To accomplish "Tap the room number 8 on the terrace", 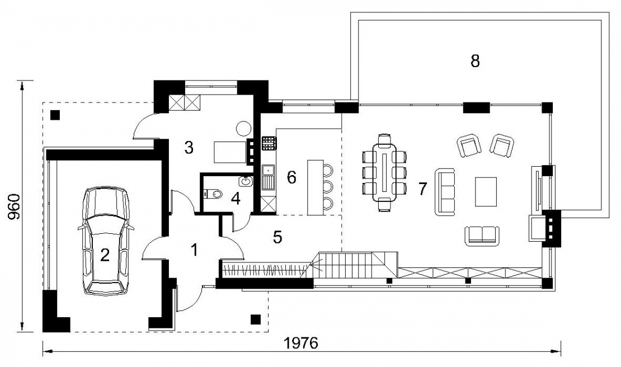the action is pos(475,62).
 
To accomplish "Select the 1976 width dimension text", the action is pos(302,344).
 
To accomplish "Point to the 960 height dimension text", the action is pos(14,206).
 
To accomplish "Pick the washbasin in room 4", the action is pos(246,181).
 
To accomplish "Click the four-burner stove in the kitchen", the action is pos(269,143).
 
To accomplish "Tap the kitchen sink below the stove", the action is pos(268,177).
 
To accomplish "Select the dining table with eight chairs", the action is pos(384,173).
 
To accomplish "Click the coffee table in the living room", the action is pos(486,192).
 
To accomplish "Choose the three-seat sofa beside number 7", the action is pos(445,192).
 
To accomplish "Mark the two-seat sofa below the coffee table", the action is pos(482,236).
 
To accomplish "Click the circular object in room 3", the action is pos(243,128).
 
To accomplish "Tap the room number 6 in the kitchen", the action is pos(291,178).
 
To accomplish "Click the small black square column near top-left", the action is pos(55,115).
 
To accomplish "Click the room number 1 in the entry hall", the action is pos(194,250).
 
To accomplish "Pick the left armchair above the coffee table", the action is pos(470,145).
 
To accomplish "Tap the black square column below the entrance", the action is pos(256,319).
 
